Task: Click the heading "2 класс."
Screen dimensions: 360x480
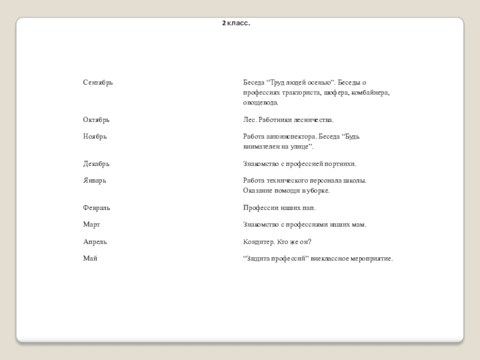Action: click(236, 23)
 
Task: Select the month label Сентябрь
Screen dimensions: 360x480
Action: click(98, 82)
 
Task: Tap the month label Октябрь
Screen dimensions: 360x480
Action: click(96, 121)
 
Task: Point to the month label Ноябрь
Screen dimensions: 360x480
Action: click(95, 137)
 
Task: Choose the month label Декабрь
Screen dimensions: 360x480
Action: click(96, 164)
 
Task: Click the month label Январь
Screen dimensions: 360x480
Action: click(95, 180)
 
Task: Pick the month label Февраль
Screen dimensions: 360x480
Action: click(97, 208)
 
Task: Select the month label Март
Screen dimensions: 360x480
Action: click(91, 224)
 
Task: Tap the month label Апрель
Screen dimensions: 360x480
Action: click(95, 242)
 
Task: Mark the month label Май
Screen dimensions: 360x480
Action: click(90, 258)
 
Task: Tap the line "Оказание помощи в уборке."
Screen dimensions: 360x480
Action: click(286, 191)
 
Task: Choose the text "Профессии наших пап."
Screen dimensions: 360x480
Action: click(279, 208)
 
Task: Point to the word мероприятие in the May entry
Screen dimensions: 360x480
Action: click(372, 258)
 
